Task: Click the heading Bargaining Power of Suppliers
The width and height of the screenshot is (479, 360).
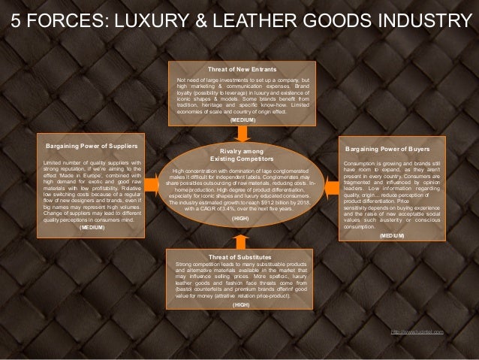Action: (x=91, y=144)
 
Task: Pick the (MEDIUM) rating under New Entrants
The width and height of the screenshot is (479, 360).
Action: (x=242, y=119)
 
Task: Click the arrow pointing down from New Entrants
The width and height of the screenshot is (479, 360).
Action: (x=242, y=132)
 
